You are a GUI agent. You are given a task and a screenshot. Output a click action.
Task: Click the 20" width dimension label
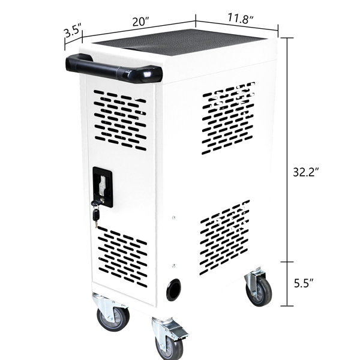pyautogui.click(x=141, y=22)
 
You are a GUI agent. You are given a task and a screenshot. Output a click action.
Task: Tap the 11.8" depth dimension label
pyautogui.click(x=240, y=19)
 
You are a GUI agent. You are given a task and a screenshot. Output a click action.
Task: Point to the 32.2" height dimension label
pyautogui.click(x=306, y=172)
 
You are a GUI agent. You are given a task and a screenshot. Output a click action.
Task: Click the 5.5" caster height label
pyautogui.click(x=304, y=283)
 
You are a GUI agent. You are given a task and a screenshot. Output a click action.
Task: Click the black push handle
pyautogui.click(x=114, y=68)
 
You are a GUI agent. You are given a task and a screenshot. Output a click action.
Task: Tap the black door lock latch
pyautogui.click(x=103, y=187)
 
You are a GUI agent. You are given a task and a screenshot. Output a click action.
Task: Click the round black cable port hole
pyautogui.click(x=173, y=289)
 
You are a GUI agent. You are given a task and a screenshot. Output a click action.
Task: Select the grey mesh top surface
pyautogui.click(x=179, y=42)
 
